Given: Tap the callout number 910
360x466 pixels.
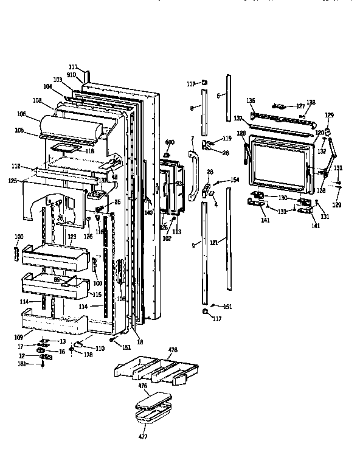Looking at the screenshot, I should coord(72,74).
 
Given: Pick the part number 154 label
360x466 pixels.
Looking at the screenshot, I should coord(235,181).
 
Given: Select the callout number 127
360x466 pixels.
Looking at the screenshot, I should coord(300,105).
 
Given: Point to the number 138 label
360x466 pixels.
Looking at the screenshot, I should coord(311,103).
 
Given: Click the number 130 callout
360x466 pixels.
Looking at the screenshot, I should coord(282,198).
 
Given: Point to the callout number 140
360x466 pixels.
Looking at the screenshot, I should coord(147,213).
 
